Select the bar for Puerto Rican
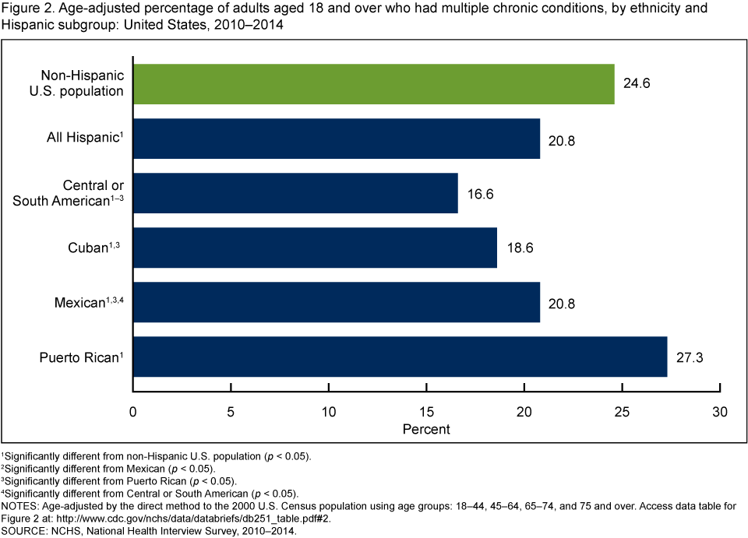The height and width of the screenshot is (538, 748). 400,357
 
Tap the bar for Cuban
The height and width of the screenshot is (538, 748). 315,248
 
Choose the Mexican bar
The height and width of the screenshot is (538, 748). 337,302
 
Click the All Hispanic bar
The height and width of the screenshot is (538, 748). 337,139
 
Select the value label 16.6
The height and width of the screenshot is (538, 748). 479,193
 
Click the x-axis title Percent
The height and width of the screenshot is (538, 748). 426,429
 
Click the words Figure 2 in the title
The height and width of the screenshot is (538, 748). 25,10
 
